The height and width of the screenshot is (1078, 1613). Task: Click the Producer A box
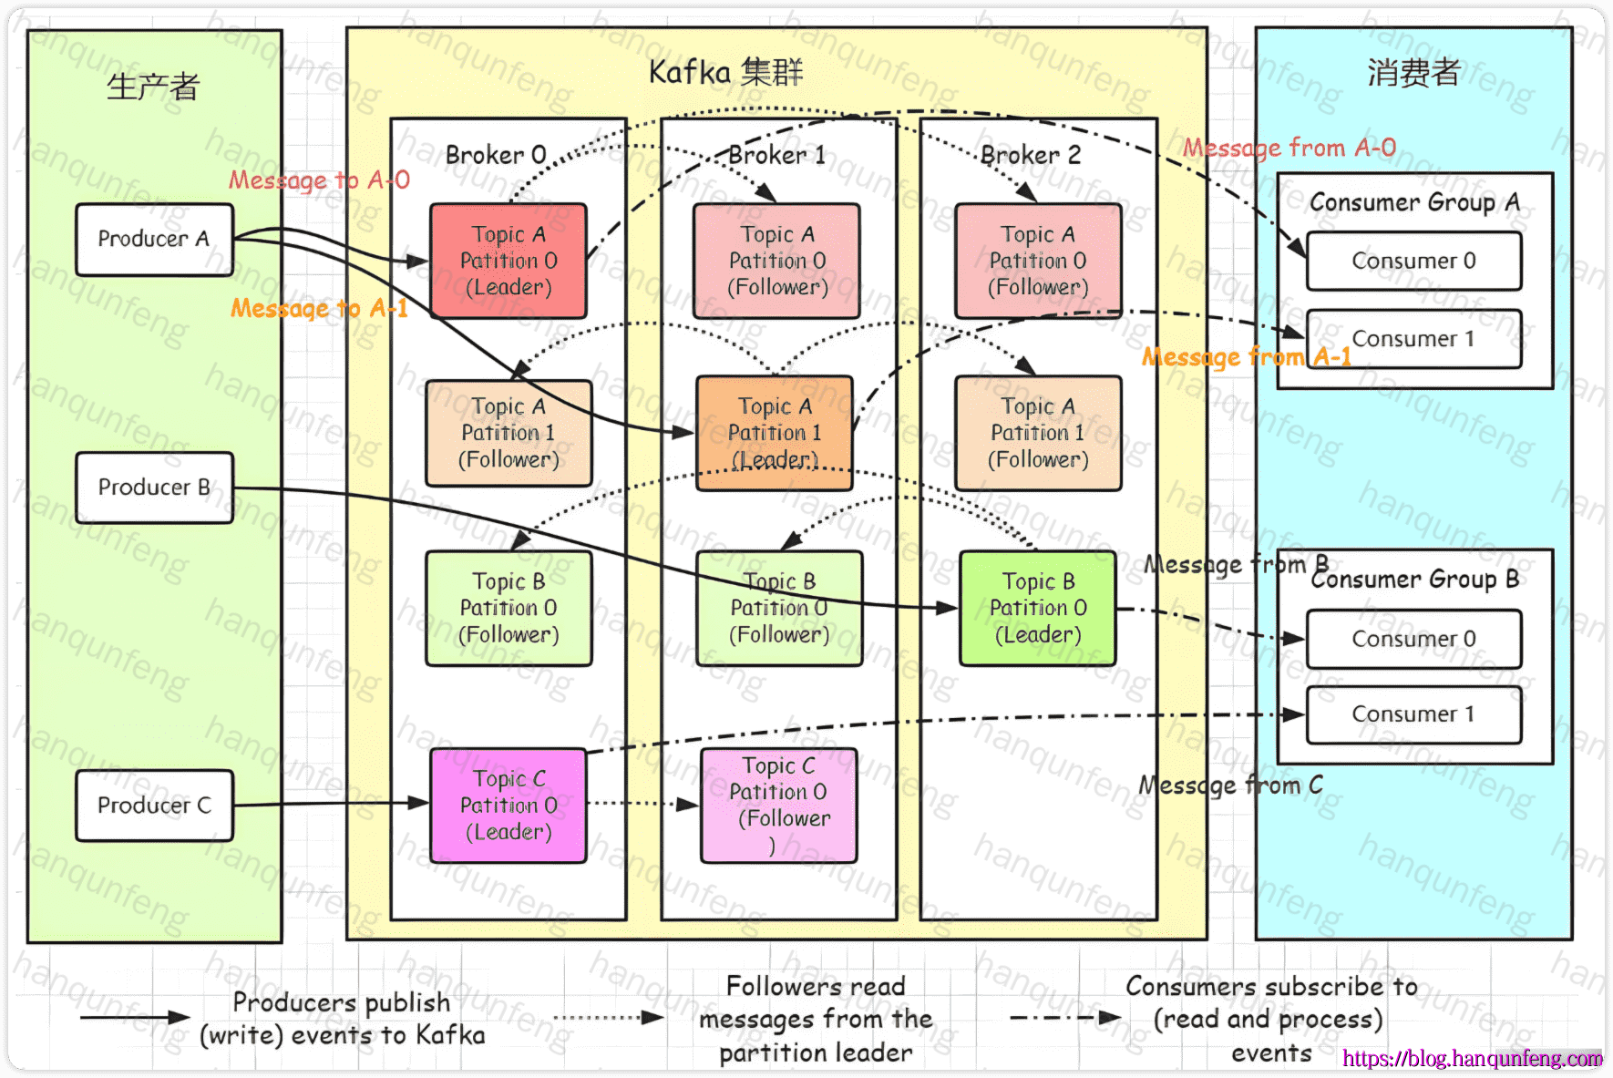(154, 240)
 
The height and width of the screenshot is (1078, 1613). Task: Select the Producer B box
(154, 488)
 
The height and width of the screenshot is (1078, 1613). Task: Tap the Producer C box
(154, 806)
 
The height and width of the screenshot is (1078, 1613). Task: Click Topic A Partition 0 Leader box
(509, 261)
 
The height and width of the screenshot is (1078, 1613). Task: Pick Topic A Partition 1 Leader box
(775, 433)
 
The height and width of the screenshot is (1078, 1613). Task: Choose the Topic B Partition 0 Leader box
(1038, 608)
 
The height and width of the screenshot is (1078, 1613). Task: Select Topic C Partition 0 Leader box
(509, 806)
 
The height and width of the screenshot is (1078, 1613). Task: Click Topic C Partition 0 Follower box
(779, 806)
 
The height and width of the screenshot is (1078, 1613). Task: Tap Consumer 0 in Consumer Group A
(1413, 262)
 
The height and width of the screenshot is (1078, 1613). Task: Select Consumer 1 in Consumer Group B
(1413, 714)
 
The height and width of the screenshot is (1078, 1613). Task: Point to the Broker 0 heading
(496, 155)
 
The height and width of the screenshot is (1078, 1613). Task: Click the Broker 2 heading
(1031, 155)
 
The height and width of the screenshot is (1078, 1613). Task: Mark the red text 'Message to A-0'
(319, 180)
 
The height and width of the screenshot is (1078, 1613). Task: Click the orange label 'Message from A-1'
(1246, 357)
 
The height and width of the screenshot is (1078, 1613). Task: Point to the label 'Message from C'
(1230, 785)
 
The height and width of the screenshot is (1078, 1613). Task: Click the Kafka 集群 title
(725, 72)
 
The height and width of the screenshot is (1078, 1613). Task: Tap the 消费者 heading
(1413, 73)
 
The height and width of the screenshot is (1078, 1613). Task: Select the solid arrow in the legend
(134, 1017)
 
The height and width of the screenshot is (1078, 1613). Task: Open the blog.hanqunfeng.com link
(1472, 1058)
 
